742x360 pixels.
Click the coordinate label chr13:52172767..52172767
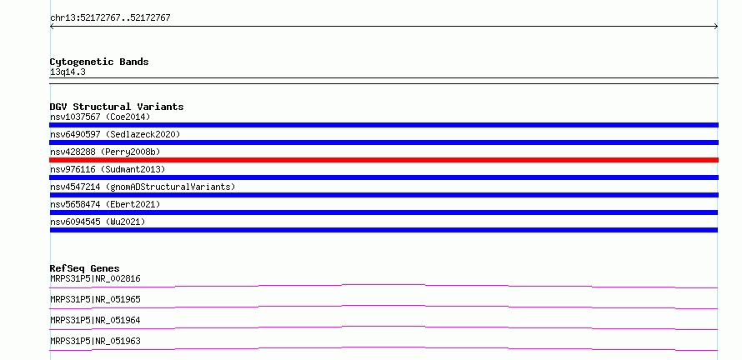(110, 18)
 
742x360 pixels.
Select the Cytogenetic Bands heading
(99, 62)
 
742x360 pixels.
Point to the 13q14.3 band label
(68, 72)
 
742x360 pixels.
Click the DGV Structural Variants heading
(117, 107)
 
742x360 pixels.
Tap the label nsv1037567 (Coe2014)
(100, 117)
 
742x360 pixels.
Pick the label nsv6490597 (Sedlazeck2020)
(115, 134)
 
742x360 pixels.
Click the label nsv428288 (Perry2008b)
(105, 152)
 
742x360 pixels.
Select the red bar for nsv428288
(384, 160)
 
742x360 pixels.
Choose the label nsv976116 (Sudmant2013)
(108, 169)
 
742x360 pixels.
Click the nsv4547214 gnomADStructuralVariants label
(143, 187)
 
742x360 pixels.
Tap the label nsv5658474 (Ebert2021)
(105, 204)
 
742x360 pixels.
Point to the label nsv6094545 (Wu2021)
(98, 222)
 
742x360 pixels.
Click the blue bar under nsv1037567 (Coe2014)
(384, 125)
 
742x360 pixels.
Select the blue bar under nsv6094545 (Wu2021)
(384, 230)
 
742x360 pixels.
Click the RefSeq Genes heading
(85, 268)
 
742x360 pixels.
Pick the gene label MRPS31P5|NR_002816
(95, 278)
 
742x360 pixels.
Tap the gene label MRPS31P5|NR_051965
(95, 299)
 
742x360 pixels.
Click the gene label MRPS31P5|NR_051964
(95, 320)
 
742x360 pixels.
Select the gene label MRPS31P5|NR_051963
(95, 341)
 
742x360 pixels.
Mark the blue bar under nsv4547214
(384, 195)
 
